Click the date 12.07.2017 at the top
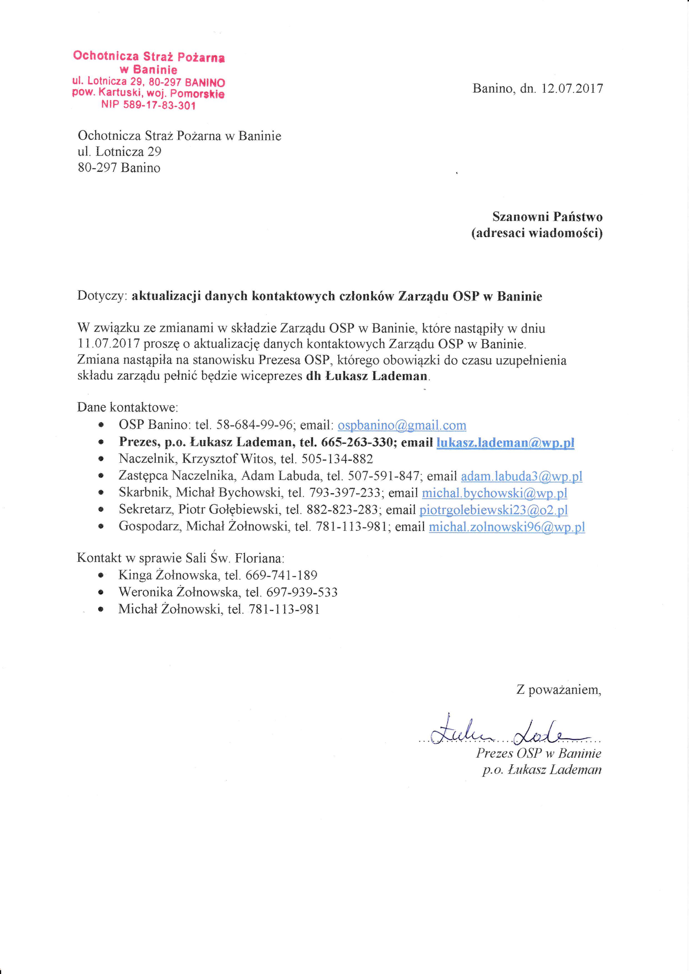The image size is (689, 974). pyautogui.click(x=572, y=89)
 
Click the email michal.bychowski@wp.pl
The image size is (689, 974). pyautogui.click(x=494, y=493)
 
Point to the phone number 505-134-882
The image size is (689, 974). pyautogui.click(x=337, y=459)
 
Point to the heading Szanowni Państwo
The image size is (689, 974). pyautogui.click(x=547, y=217)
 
